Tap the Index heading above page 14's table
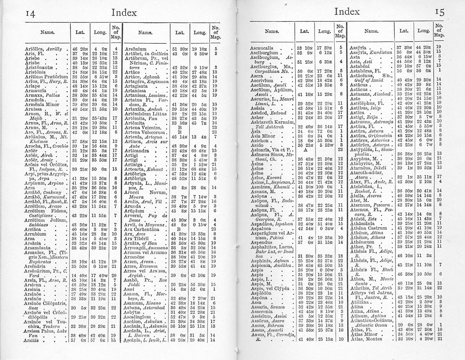pos(124,13)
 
